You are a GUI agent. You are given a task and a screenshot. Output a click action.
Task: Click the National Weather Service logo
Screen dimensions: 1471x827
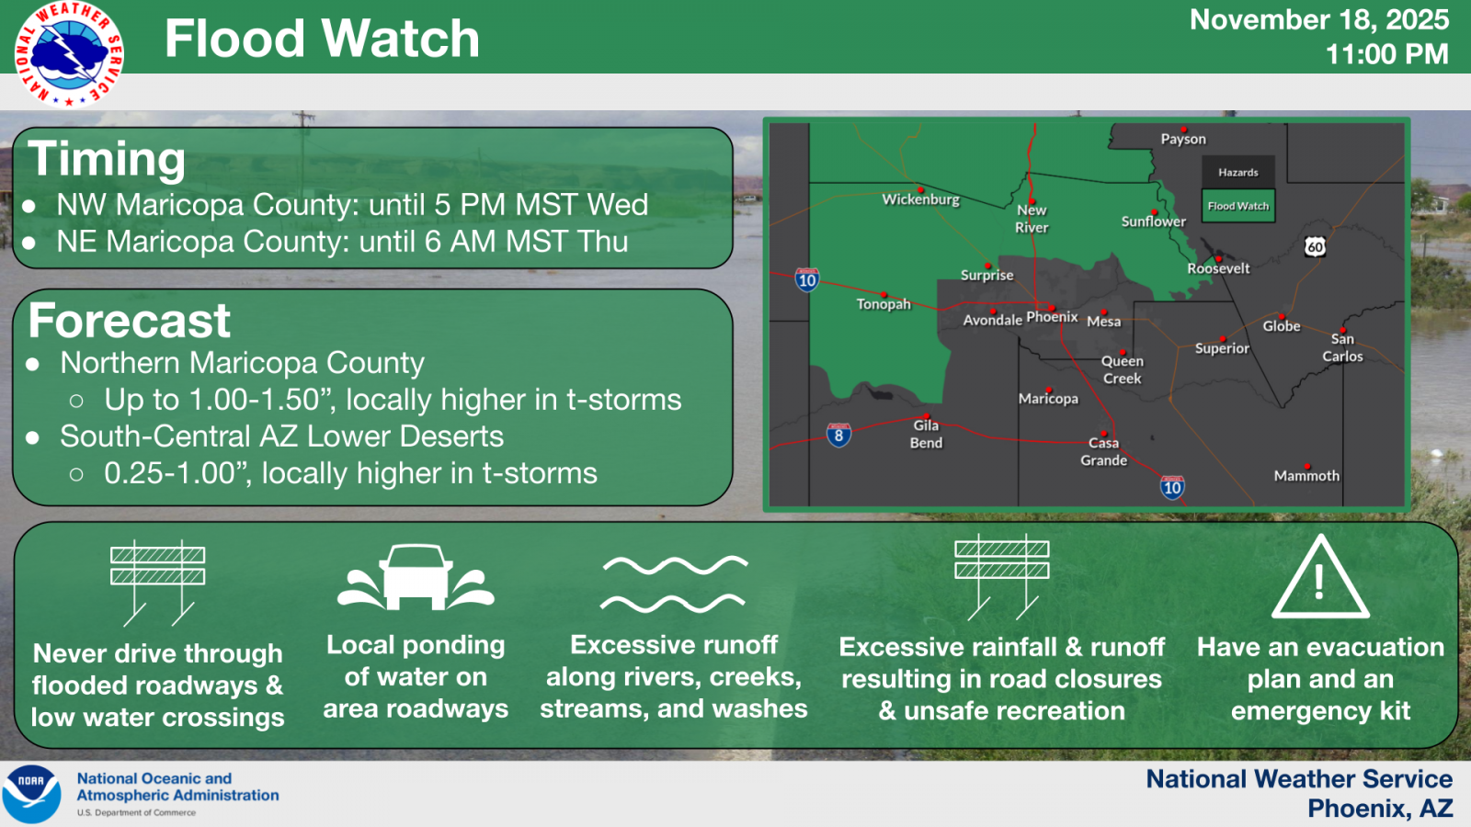tap(69, 54)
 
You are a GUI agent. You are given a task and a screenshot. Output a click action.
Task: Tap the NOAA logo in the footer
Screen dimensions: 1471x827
tap(31, 794)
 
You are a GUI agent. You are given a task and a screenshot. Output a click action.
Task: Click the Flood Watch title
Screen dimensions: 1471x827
tap(322, 38)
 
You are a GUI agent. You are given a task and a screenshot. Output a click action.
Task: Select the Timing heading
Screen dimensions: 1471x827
tap(107, 159)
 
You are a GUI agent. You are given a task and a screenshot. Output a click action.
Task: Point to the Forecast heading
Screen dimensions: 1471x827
tap(130, 321)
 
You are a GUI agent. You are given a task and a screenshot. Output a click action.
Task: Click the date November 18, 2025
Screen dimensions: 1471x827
tap(1319, 19)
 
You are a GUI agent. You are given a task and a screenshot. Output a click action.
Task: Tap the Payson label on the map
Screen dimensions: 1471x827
tap(1183, 139)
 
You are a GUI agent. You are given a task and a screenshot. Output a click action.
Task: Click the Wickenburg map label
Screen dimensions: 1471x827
tap(920, 199)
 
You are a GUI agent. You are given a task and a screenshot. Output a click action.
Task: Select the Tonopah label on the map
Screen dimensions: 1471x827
tap(884, 304)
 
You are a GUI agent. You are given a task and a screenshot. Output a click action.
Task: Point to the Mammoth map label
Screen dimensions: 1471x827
tap(1306, 476)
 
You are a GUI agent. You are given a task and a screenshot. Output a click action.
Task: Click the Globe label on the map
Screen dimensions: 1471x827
tap(1282, 326)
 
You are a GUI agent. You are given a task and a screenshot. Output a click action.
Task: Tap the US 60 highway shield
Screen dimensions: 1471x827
tap(1315, 247)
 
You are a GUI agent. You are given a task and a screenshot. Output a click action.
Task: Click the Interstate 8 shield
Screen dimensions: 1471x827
tap(838, 436)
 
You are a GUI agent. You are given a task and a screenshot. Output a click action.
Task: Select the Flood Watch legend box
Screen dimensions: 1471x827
tap(1237, 206)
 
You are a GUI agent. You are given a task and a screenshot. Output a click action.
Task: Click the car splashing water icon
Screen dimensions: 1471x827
tap(416, 578)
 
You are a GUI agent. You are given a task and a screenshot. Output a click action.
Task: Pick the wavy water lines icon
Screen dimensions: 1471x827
tap(675, 584)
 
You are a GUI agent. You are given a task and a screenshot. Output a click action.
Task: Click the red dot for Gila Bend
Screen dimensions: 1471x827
tap(927, 416)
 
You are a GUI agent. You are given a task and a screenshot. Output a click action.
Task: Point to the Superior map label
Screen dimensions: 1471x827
tap(1222, 348)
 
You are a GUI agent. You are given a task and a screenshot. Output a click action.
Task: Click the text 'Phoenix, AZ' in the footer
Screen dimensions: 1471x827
tap(1380, 809)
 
